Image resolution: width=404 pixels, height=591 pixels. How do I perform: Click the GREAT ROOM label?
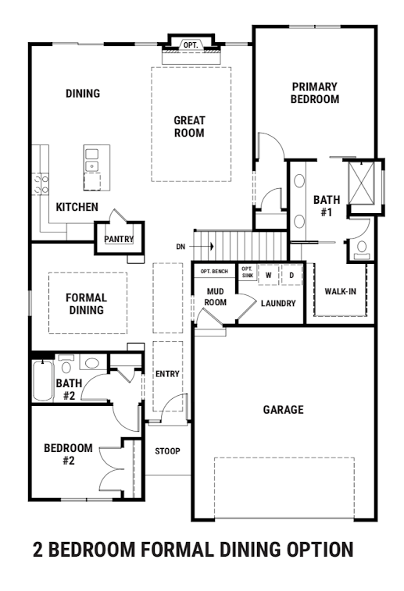point(189,126)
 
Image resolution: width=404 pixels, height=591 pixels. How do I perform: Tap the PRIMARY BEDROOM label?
point(315,93)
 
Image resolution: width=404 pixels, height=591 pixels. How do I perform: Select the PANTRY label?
point(119,239)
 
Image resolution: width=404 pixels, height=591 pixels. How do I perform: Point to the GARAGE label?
point(284,410)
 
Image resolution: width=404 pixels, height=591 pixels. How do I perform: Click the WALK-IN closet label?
point(340,291)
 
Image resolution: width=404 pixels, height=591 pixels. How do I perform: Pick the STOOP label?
point(167,451)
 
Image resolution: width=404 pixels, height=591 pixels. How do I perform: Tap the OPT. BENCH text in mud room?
point(214,272)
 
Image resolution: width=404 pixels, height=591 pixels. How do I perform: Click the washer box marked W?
point(269,275)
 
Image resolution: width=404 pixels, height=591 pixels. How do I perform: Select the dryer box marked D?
point(291,275)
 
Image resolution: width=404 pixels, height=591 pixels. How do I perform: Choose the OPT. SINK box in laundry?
point(248,272)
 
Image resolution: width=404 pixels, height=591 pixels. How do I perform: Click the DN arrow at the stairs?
point(202,247)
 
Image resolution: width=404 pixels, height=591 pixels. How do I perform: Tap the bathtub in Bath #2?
point(43,381)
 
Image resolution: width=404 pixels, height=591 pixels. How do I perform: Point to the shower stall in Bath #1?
point(361,183)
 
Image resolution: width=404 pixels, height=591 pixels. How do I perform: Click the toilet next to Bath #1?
point(362,250)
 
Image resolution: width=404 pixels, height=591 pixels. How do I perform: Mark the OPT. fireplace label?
point(191,45)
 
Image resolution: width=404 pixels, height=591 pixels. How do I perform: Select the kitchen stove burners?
point(41,183)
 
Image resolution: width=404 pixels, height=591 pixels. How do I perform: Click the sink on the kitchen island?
point(92,160)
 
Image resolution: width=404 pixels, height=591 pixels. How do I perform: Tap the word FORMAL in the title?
point(177,549)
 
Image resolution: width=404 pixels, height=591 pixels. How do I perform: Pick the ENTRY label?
point(167,374)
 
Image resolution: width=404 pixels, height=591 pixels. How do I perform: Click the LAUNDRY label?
point(278,304)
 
